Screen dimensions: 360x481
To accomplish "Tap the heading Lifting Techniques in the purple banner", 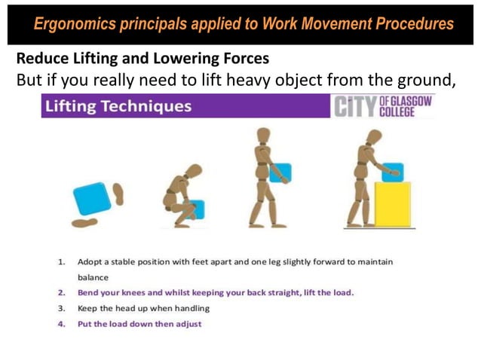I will point(118,106).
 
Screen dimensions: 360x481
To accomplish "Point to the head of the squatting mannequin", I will point(195,171).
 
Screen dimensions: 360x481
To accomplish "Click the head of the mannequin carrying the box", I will point(262,136).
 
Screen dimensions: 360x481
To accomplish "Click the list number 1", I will point(60,262).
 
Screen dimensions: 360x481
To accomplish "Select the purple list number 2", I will point(60,292).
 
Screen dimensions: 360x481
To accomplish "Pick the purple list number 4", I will point(60,324).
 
